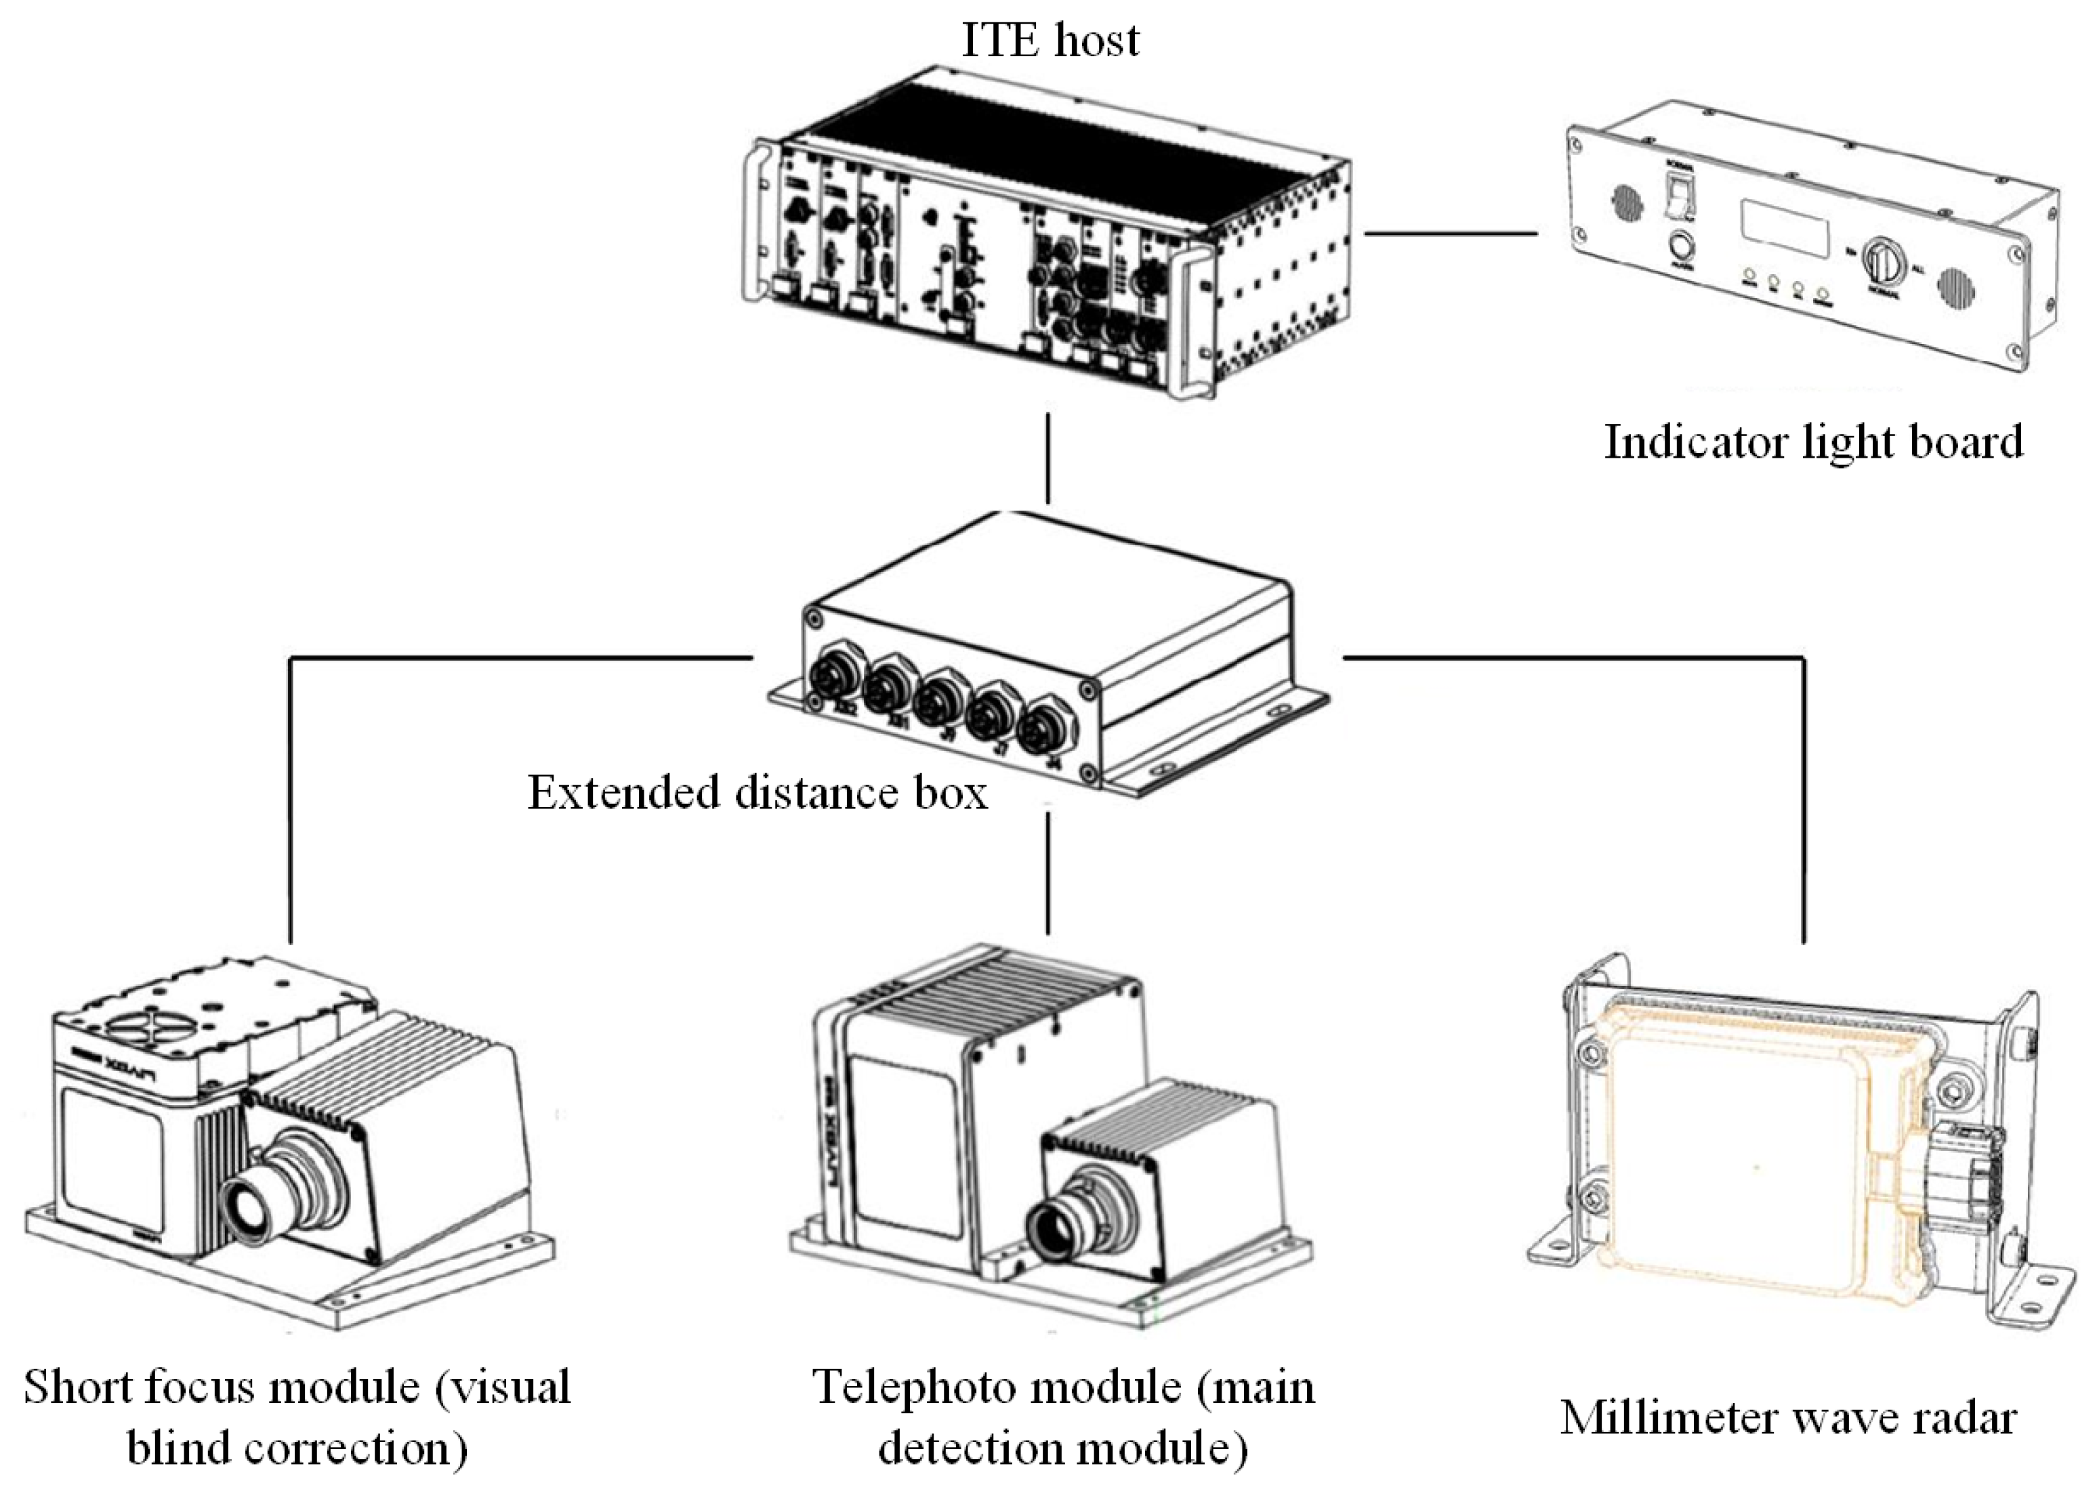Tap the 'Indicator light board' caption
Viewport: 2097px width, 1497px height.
coord(1813,441)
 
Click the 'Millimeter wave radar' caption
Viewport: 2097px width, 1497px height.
coord(1788,1417)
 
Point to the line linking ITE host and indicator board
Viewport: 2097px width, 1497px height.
coord(1450,233)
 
